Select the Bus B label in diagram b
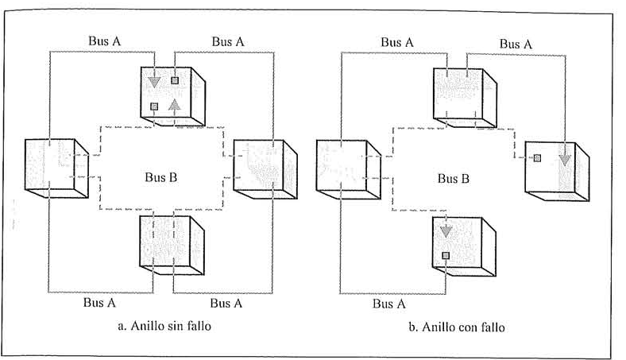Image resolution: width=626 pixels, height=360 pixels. (453, 178)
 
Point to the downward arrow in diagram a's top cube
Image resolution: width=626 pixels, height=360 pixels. (154, 80)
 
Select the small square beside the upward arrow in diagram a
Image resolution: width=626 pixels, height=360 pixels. (154, 106)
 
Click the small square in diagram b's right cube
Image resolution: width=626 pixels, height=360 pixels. (538, 158)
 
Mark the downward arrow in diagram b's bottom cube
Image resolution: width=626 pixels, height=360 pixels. (446, 230)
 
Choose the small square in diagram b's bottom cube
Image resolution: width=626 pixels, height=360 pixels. (446, 255)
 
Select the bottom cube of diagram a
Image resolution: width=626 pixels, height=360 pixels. (168, 242)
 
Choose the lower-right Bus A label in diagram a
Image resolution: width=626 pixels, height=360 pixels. (226, 303)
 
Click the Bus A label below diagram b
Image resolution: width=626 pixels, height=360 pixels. (389, 303)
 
